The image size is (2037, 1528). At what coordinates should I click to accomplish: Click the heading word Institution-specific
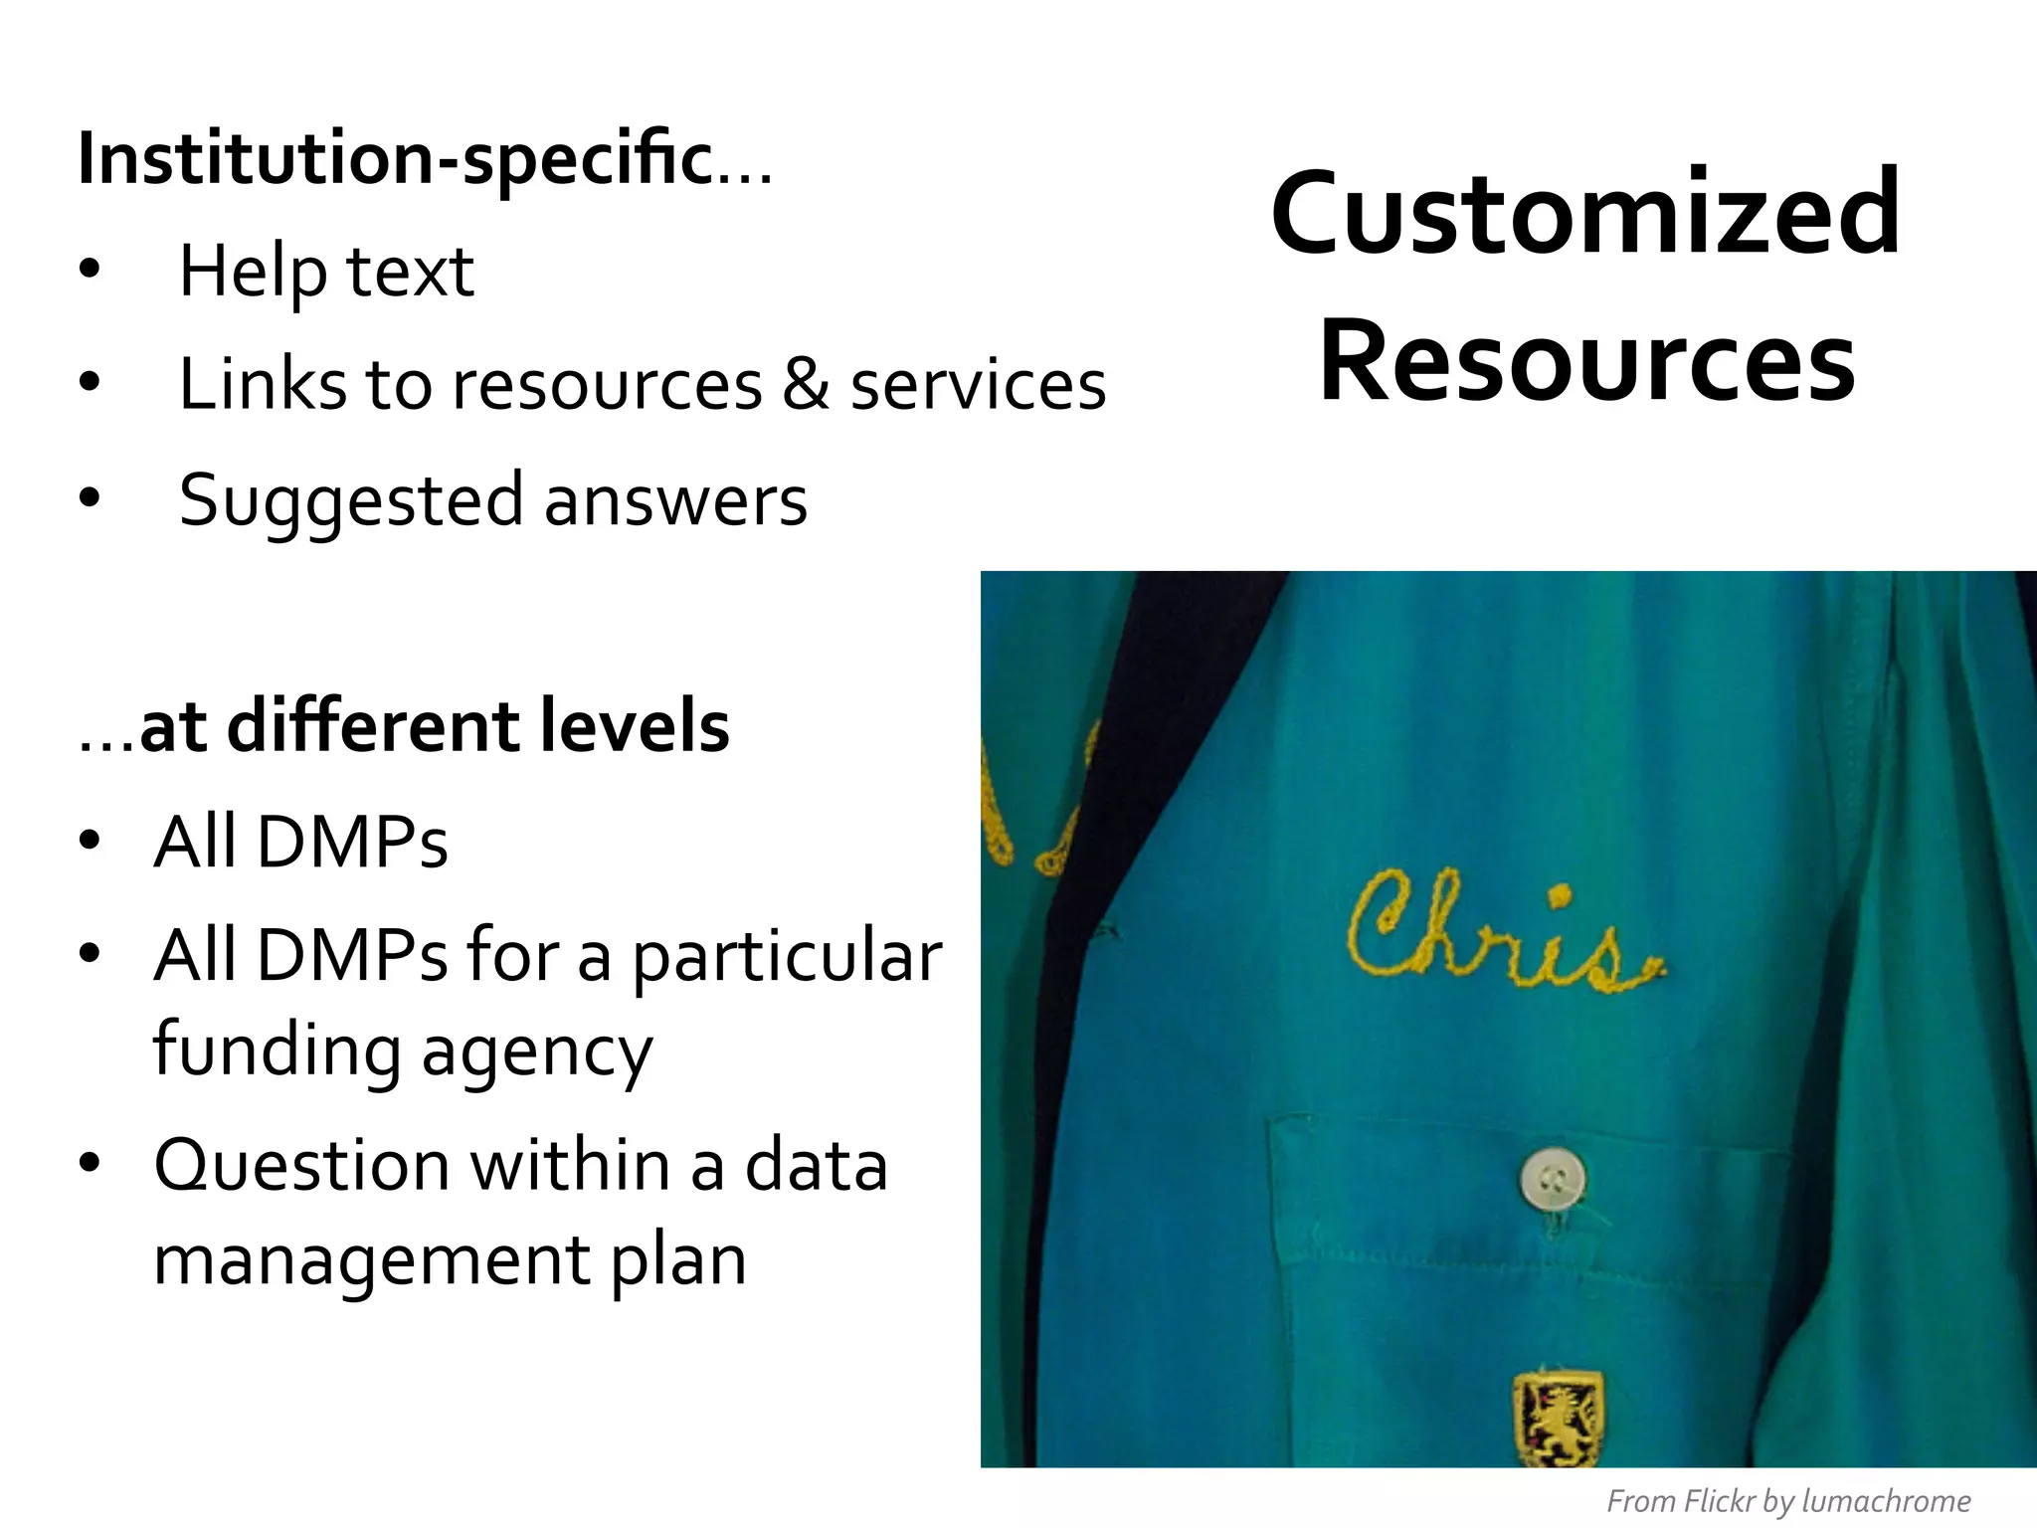395,159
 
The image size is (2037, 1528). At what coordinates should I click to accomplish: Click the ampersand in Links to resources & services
806,385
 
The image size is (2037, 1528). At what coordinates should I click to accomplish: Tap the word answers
675,501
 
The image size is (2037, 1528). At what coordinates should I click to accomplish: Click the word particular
787,956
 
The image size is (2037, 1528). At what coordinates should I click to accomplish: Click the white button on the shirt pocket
1552,1181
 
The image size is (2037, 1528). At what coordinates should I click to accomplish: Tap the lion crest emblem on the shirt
1557,1420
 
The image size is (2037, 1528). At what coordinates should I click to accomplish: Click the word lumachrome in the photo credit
1886,1501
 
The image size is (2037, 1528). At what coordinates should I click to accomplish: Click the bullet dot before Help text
91,270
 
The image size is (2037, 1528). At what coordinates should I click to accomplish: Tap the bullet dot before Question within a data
91,1163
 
